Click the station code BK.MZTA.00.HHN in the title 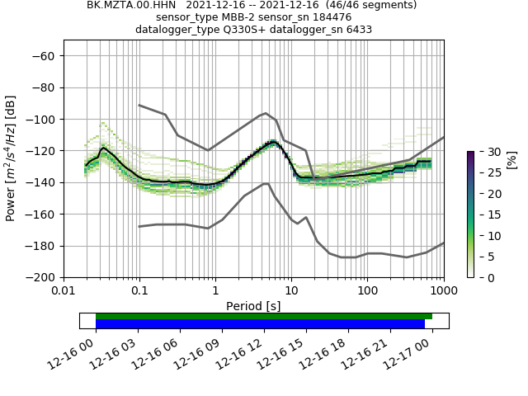(125, 5)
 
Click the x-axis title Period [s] (253, 305)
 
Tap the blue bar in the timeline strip (260, 323)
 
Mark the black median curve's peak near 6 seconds (272, 142)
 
